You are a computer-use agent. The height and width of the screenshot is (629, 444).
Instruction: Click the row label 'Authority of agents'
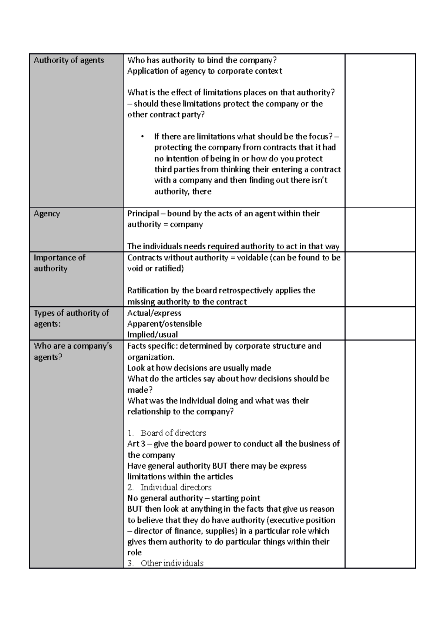69,60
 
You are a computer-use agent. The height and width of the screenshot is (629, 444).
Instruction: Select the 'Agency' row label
47,213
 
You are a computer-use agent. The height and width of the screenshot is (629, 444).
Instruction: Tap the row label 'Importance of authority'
59,263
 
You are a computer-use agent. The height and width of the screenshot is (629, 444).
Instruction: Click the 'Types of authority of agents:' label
71,318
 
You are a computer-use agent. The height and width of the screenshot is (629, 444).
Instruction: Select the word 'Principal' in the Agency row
143,213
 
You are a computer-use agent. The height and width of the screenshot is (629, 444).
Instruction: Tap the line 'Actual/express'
154,313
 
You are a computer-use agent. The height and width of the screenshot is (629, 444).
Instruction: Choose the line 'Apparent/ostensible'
164,324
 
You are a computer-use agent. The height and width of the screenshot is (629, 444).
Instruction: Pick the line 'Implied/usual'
152,335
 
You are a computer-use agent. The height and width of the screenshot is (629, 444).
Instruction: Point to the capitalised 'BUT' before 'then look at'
135,509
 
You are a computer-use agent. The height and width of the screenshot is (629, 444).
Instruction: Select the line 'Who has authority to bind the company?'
202,60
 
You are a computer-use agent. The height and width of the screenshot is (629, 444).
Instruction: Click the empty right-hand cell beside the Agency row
380,230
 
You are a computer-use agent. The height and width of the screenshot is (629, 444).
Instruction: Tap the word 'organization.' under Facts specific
151,357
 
